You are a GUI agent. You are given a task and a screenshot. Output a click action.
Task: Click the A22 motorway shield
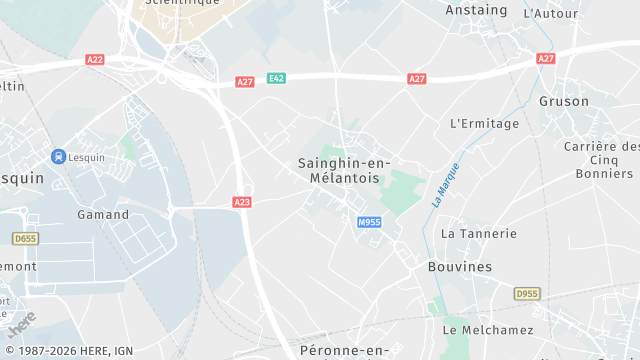pos(95,60)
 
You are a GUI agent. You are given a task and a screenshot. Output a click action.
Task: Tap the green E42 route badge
pos(276,78)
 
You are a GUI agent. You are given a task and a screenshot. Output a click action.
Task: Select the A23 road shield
pos(242,202)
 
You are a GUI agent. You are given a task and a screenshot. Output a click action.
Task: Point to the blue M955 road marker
pos(368,222)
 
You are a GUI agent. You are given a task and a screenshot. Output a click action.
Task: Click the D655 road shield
pos(24,238)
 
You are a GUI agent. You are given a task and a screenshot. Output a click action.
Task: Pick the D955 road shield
pos(526,294)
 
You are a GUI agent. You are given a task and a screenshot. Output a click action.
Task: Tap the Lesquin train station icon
pos(59,156)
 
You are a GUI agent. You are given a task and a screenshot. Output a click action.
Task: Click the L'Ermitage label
pos(485,124)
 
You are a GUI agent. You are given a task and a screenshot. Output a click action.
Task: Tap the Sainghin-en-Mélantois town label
pos(344,170)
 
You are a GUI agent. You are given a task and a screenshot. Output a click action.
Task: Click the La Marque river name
pos(445,184)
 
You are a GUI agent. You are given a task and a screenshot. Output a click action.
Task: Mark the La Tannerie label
pos(479,234)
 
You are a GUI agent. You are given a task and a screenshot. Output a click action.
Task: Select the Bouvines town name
pos(460,267)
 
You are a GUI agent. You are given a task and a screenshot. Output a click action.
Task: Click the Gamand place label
pos(103,215)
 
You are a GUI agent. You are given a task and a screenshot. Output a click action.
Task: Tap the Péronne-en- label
pos(344,350)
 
